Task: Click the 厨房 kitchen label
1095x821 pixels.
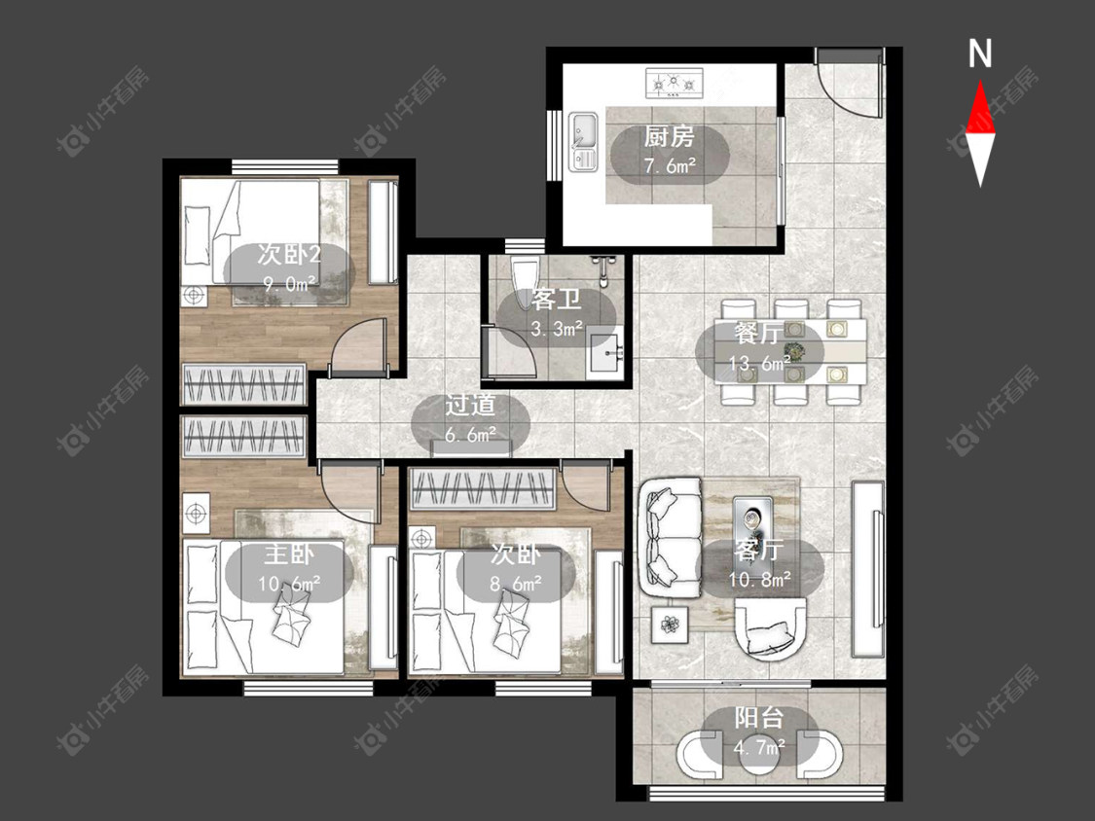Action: pyautogui.click(x=669, y=137)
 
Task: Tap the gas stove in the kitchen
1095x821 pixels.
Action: pyautogui.click(x=674, y=84)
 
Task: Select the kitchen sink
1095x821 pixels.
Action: pyautogui.click(x=583, y=142)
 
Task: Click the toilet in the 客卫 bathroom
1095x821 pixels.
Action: pyautogui.click(x=526, y=282)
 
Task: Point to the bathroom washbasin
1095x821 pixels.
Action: pyautogui.click(x=606, y=352)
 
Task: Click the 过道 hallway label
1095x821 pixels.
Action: pyautogui.click(x=471, y=405)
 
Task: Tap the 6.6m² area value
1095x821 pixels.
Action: pyautogui.click(x=471, y=434)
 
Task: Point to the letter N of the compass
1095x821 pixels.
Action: pyautogui.click(x=980, y=54)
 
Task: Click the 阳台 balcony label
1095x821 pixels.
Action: pyautogui.click(x=759, y=718)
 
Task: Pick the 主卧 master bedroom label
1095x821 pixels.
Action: pyautogui.click(x=288, y=555)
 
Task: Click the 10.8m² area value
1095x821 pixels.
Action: pyautogui.click(x=760, y=580)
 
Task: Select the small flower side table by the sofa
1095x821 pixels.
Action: pyautogui.click(x=671, y=625)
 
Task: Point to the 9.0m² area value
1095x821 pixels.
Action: pyautogui.click(x=289, y=283)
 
